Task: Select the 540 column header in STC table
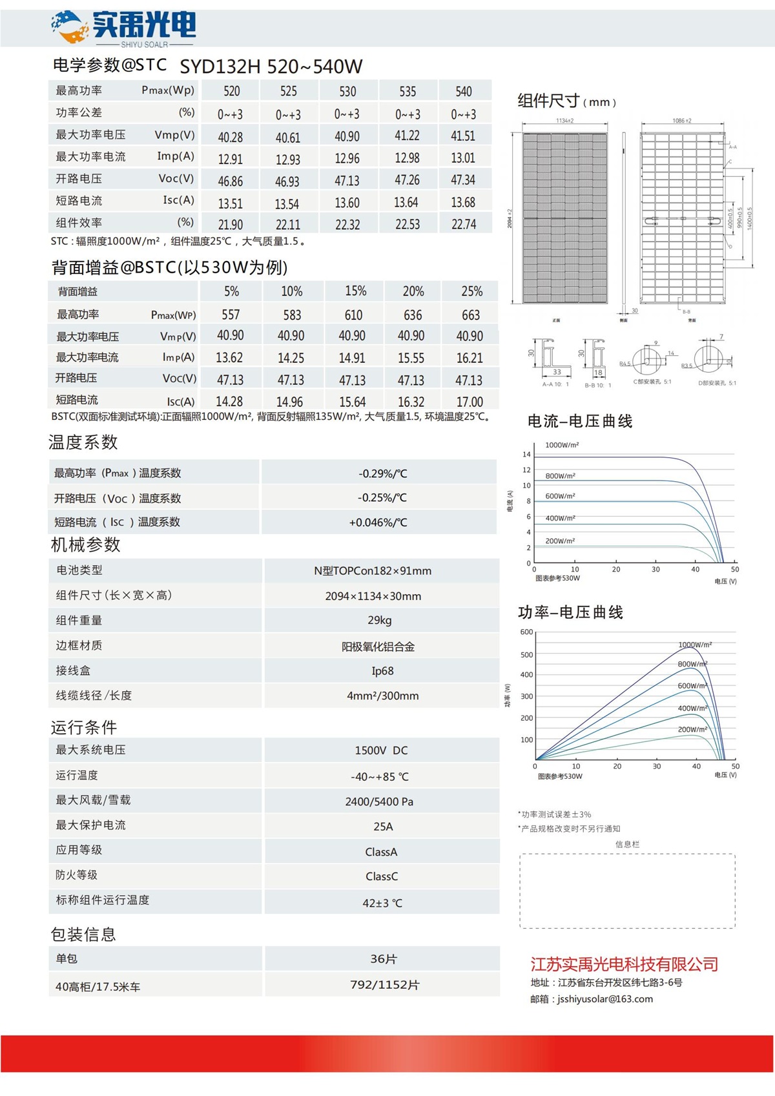[464, 92]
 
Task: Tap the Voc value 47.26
[407, 180]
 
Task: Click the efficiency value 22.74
[464, 224]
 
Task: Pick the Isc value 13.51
[231, 203]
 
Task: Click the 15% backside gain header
[355, 291]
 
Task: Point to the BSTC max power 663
[471, 315]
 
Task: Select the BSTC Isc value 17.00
[470, 402]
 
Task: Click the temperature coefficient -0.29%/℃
[383, 473]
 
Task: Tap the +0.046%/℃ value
[378, 522]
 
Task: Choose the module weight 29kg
[380, 621]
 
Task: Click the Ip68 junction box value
[382, 671]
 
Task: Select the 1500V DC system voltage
[381, 750]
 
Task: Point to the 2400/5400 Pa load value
[379, 801]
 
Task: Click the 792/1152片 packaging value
[384, 985]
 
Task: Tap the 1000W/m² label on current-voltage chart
[562, 445]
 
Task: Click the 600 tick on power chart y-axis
[526, 632]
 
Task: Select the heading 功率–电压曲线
[570, 612]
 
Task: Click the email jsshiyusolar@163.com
[604, 999]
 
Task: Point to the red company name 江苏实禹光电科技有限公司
[624, 965]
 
